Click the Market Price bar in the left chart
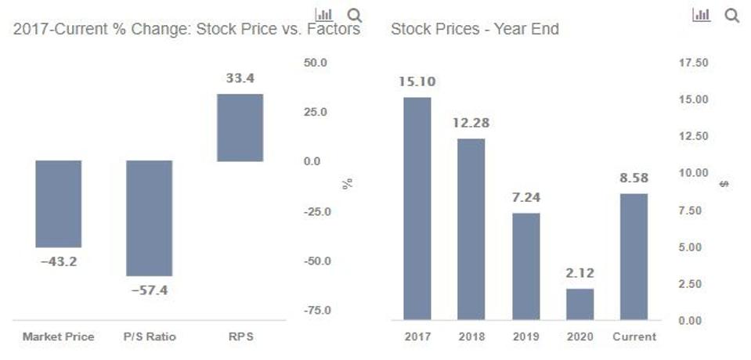[59, 203]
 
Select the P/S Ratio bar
[149, 218]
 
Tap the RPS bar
[240, 128]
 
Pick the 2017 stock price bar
[417, 208]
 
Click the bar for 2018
[471, 229]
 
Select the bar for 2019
[526, 266]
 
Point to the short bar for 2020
[580, 304]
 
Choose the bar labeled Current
[634, 256]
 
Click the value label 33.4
[240, 78]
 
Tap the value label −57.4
[149, 290]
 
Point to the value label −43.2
[59, 261]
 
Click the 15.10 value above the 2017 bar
[417, 81]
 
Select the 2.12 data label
[580, 273]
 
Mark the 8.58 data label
[634, 178]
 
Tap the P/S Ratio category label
[149, 337]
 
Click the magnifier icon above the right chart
[732, 15]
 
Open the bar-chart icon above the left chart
[323, 15]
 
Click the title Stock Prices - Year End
[475, 30]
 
